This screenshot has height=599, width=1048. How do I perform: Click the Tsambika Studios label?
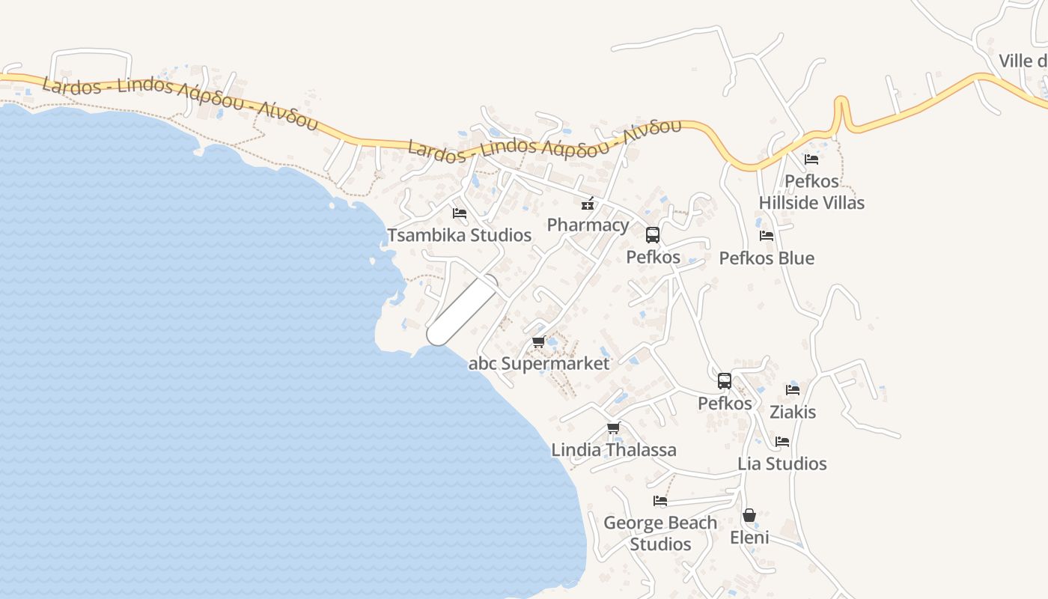[x=459, y=235]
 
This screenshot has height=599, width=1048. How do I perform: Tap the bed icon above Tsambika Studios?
[x=460, y=213]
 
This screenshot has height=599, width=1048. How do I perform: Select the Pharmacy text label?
[x=588, y=225]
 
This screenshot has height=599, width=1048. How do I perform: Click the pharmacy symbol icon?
[x=588, y=203]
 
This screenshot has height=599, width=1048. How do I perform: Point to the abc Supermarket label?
[x=539, y=364]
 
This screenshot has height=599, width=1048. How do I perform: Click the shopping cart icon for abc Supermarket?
[x=538, y=342]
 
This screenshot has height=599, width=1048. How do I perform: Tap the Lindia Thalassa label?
[x=614, y=450]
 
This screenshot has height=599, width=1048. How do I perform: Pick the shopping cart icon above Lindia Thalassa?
[x=614, y=428]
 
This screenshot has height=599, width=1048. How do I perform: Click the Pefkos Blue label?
[x=767, y=258]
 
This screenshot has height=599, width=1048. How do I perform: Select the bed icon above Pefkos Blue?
[x=767, y=236]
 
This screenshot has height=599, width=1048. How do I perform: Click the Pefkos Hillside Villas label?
[x=811, y=192]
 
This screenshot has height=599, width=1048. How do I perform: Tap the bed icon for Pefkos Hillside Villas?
[x=811, y=159]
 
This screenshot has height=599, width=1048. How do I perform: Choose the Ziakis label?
[x=793, y=412]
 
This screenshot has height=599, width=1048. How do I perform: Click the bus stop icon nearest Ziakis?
[x=725, y=381]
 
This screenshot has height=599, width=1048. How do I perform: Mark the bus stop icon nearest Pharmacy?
[x=653, y=235]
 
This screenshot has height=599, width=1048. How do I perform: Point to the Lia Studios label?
[x=782, y=463]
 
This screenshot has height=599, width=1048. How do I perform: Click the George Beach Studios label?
[x=660, y=533]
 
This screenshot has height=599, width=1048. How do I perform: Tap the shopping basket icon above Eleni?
[x=749, y=516]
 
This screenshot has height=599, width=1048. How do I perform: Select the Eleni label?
[x=749, y=538]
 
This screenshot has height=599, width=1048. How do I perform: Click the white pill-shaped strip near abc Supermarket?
[x=463, y=311]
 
